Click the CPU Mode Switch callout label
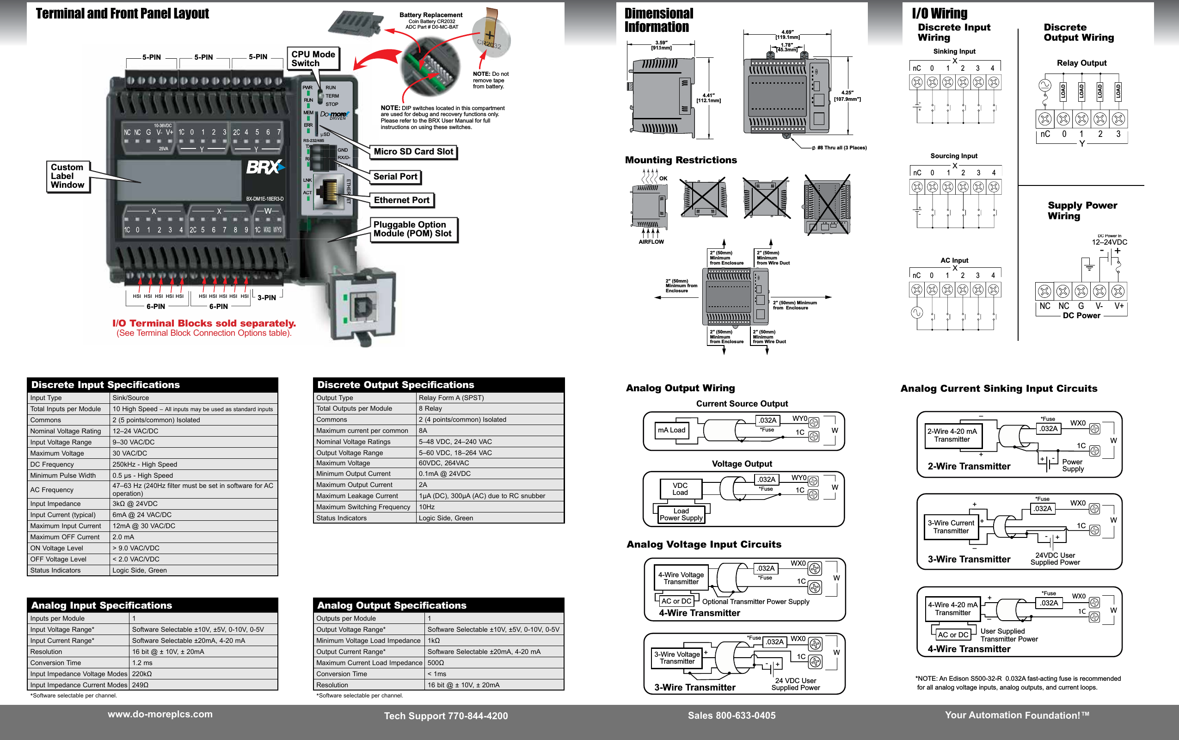[x=313, y=59]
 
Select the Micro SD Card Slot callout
[x=413, y=152]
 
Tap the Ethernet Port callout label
[x=401, y=200]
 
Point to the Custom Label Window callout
[x=68, y=176]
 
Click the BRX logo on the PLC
[x=264, y=167]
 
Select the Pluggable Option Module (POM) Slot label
[x=412, y=229]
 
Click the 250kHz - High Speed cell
[x=145, y=464]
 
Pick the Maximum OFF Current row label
[x=65, y=537]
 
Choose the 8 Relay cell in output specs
[x=430, y=408]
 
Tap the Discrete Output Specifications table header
[x=395, y=385]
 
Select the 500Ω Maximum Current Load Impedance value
[x=436, y=663]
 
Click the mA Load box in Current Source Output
[x=671, y=430]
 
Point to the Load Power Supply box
[x=681, y=514]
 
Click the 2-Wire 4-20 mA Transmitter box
[x=952, y=435]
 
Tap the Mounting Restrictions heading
[x=681, y=160]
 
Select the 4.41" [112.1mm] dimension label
[x=708, y=98]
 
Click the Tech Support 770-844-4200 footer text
[x=446, y=716]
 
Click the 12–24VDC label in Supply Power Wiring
[x=1109, y=242]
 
